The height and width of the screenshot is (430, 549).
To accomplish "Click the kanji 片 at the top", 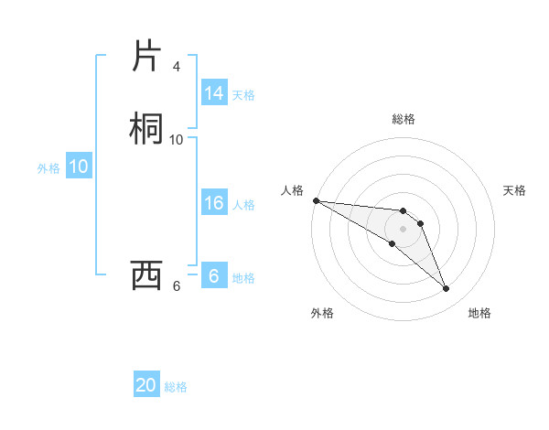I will click(x=145, y=56).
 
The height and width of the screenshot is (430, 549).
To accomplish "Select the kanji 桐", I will click(x=145, y=129).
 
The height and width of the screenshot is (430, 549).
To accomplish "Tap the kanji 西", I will click(x=145, y=275).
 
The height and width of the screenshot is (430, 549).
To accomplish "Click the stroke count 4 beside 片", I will click(x=176, y=67).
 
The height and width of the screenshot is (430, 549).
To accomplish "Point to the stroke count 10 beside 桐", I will click(x=176, y=140).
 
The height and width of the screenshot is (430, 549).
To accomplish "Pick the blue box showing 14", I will click(x=214, y=93).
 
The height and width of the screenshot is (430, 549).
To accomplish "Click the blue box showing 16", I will click(x=214, y=203).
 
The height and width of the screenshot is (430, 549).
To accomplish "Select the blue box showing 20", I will click(x=146, y=385).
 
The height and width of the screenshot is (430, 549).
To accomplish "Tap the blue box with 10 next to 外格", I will click(x=79, y=167).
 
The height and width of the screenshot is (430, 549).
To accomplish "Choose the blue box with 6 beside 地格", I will click(x=214, y=276).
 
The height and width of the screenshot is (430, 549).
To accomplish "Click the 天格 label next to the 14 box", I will click(x=243, y=95).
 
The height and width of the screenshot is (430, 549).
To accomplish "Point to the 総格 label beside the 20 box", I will click(x=176, y=387).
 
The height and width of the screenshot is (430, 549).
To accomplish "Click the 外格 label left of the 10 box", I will click(x=48, y=168).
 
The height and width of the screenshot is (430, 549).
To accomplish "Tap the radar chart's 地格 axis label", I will click(x=479, y=314).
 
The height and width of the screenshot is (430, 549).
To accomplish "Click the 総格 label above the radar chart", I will click(x=404, y=120).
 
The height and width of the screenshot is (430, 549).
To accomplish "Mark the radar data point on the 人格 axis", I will click(x=316, y=200).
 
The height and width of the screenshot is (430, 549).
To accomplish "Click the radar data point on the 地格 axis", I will click(x=446, y=289).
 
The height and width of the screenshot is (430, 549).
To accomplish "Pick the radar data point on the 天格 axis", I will click(x=420, y=223).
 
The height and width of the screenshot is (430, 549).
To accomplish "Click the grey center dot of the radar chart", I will click(x=403, y=229).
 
